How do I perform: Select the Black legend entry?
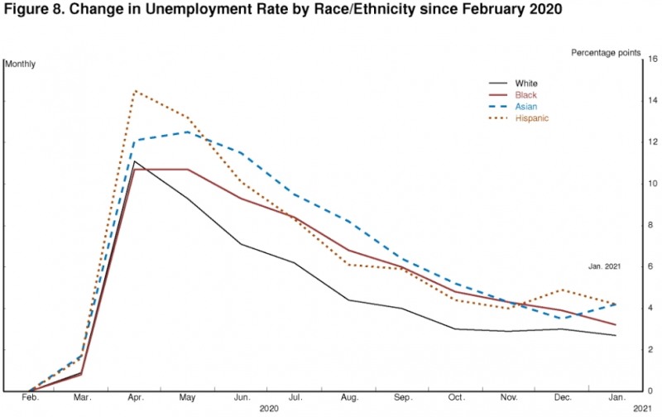(525, 95)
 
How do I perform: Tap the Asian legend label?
(525, 107)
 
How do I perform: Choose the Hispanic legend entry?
(531, 118)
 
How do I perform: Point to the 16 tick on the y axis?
(652, 60)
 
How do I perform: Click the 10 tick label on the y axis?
(652, 184)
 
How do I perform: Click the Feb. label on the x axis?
(30, 399)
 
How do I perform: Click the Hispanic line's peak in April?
(134, 91)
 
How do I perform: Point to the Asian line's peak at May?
(188, 132)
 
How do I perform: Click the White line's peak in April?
(134, 161)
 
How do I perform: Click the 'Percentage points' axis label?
(605, 52)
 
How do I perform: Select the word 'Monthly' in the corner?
(22, 64)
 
